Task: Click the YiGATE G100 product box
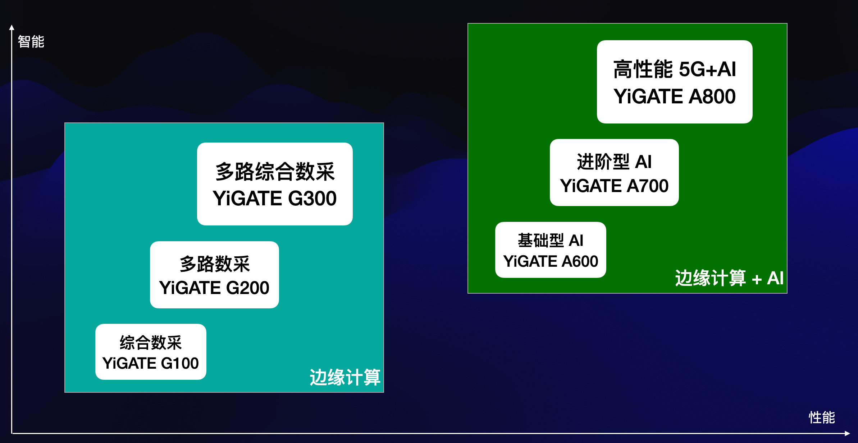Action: [151, 352]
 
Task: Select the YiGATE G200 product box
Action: [214, 275]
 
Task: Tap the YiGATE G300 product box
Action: [275, 184]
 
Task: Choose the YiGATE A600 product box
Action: [551, 250]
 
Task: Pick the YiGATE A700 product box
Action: [614, 172]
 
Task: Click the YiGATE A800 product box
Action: [675, 82]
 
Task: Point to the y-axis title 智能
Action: [31, 42]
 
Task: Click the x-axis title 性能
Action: [822, 418]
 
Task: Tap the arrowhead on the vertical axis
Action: [12, 27]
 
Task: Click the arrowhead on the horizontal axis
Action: [847, 434]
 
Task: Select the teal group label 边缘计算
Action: [345, 377]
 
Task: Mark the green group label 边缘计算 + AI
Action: [729, 278]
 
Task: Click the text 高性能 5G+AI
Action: [675, 69]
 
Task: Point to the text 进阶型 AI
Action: [614, 162]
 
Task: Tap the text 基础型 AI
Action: [551, 241]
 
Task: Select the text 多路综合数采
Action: [275, 172]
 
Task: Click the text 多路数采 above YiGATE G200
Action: [214, 264]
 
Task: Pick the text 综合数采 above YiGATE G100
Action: [151, 342]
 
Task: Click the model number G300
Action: [312, 199]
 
